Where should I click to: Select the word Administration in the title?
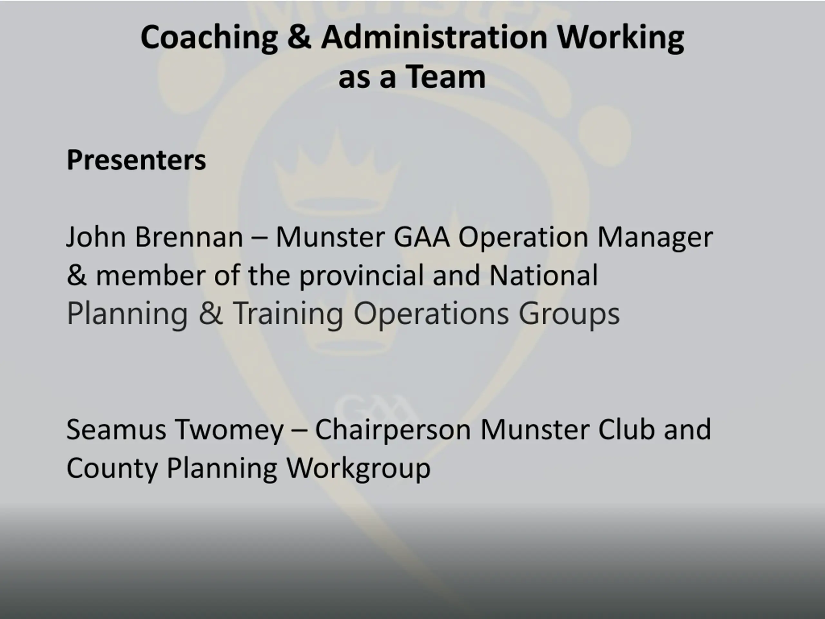click(x=434, y=37)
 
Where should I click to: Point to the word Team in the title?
click(x=446, y=77)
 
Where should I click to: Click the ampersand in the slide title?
click(x=299, y=37)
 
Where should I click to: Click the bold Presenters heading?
click(x=136, y=160)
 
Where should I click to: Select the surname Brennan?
click(x=189, y=237)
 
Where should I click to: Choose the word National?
click(x=543, y=275)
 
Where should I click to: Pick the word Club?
click(x=626, y=429)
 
